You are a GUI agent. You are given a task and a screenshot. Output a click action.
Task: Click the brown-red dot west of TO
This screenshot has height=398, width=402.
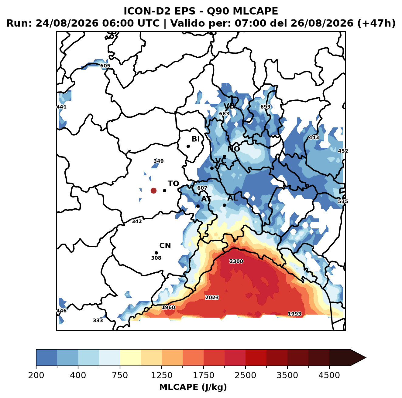[153, 191]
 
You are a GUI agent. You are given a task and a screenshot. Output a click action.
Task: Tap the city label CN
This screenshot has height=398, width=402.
[165, 246]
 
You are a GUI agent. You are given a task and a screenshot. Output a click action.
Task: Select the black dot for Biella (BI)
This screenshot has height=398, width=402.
[188, 147]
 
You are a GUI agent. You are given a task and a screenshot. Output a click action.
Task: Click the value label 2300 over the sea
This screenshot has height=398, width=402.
[236, 261]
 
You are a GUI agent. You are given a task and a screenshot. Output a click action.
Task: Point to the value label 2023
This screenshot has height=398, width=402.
[212, 297]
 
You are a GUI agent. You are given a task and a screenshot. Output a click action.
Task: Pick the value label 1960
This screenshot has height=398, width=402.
[168, 307]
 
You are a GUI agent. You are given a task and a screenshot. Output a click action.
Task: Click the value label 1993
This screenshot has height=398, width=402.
[294, 314]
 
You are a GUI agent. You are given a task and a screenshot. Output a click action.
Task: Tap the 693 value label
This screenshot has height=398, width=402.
[265, 107]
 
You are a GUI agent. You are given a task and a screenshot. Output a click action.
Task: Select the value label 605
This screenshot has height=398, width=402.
[105, 66]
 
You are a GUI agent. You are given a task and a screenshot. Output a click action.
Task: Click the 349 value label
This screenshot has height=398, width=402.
[159, 161]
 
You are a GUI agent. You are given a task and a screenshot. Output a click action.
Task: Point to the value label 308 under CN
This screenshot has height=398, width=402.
[156, 258]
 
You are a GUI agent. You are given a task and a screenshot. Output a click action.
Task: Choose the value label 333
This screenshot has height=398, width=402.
[98, 320]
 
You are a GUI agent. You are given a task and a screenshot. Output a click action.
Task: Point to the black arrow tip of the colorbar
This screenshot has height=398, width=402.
[366, 358]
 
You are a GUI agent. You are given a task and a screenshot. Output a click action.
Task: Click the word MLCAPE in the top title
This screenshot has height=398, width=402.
[255, 11]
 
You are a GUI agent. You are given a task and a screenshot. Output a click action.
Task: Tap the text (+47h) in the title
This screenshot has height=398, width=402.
[376, 23]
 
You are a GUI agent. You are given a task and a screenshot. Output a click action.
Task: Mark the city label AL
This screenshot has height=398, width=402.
[233, 198]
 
